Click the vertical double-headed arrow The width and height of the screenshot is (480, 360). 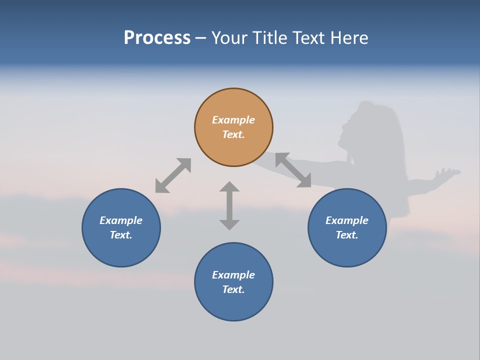[229, 205]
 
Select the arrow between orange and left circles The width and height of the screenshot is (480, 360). [173, 175]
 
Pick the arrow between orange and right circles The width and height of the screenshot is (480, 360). [293, 170]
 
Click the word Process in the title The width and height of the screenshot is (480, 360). [157, 37]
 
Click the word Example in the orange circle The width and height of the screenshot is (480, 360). [233, 120]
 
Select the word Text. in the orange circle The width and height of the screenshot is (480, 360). [233, 134]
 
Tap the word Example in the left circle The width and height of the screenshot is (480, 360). [121, 220]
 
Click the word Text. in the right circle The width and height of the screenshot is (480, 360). [347, 235]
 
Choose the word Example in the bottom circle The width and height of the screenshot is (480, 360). [233, 275]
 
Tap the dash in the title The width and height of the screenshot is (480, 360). [200, 38]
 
